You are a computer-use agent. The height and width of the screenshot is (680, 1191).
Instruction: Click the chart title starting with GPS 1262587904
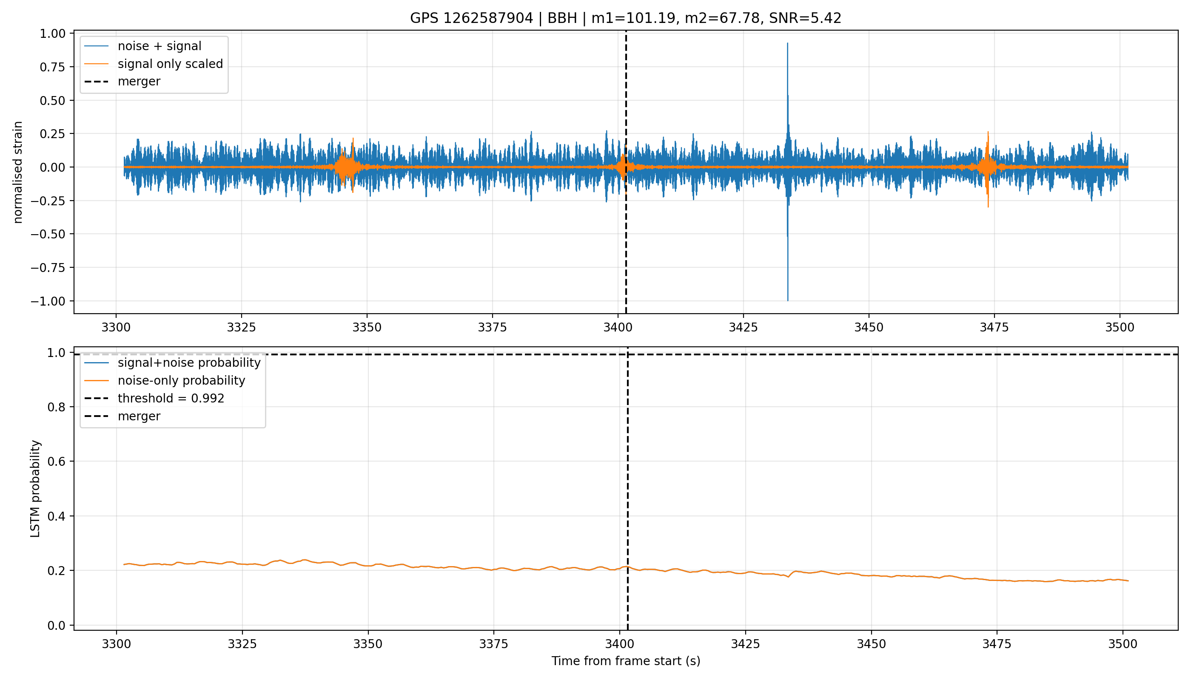click(x=625, y=18)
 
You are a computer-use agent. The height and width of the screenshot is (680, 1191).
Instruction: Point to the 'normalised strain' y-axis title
click(x=18, y=172)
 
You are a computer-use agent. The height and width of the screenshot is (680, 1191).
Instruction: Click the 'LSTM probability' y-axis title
click(x=35, y=488)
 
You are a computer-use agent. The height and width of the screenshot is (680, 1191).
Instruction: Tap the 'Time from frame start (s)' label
click(x=626, y=661)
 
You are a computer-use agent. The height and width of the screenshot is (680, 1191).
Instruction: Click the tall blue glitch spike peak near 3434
click(x=788, y=43)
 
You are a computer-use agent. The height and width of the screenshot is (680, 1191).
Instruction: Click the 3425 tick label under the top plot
click(x=743, y=327)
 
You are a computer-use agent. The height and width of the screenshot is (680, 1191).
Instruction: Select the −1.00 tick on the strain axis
click(x=48, y=301)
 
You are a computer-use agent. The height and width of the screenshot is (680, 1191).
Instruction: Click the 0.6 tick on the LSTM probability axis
click(x=57, y=462)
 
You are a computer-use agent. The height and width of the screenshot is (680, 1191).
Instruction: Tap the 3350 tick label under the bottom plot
click(x=368, y=644)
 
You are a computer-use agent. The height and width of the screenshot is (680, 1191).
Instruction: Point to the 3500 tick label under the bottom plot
click(x=1123, y=644)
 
